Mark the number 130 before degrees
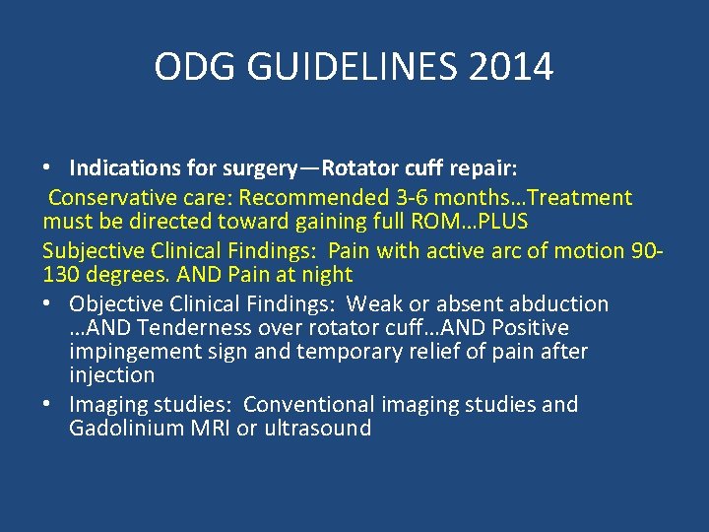(60, 274)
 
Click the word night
(326, 274)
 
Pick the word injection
(111, 375)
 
